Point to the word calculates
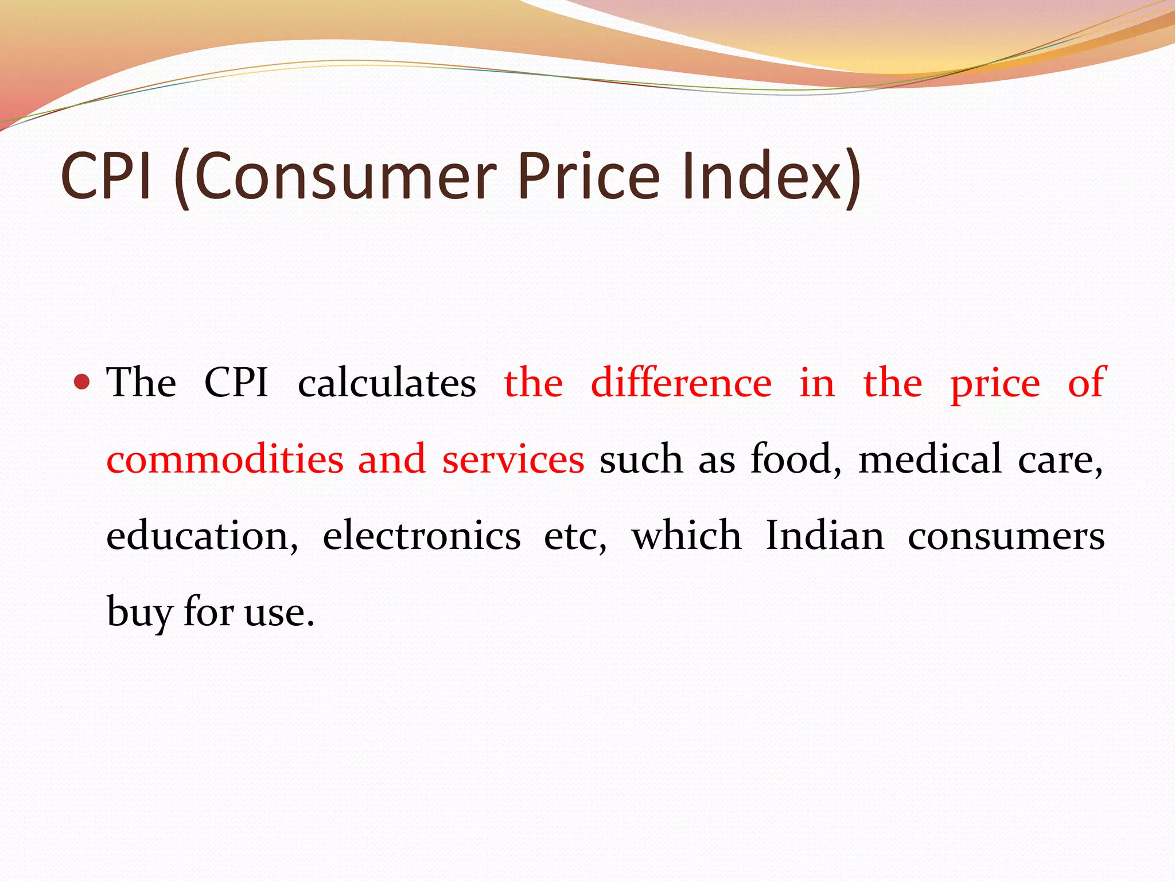coord(387,383)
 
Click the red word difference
coord(681,383)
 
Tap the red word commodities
coord(225,459)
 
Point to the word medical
coord(930,459)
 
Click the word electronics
coord(422,536)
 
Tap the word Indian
coord(825,536)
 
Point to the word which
coord(686,536)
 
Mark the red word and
coord(392,459)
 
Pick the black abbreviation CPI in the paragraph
coord(236,383)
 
